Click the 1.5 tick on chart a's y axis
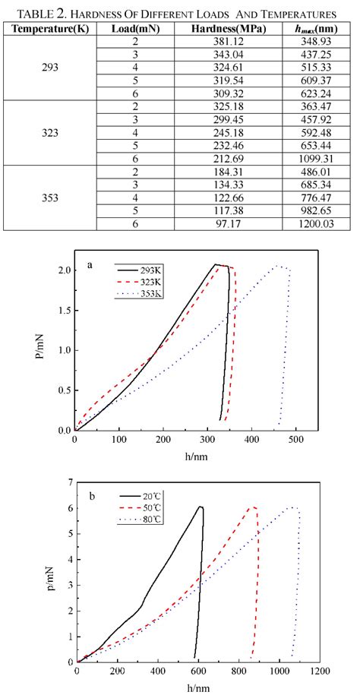64,311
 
